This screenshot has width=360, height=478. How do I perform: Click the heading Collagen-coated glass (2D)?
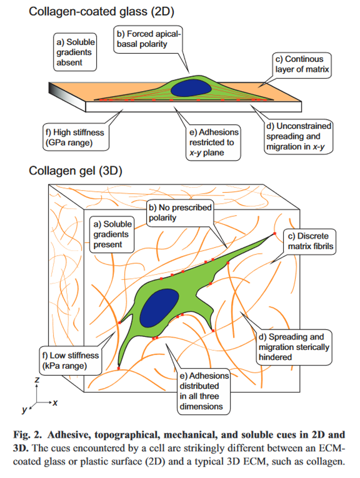[102, 11]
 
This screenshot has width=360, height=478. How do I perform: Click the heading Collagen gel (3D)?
[76, 171]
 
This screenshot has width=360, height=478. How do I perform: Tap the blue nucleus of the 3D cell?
[159, 308]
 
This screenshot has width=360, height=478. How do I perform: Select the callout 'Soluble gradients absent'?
[75, 52]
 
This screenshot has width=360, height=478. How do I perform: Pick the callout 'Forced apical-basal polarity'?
[148, 39]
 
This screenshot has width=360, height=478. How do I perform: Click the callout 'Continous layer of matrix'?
[302, 65]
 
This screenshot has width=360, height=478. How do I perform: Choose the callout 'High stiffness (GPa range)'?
[76, 137]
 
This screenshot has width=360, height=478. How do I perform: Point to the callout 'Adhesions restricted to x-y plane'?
[213, 142]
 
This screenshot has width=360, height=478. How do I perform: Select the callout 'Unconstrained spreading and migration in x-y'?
[298, 136]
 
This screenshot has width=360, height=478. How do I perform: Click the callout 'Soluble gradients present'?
[112, 234]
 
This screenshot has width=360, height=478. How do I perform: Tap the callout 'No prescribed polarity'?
[180, 213]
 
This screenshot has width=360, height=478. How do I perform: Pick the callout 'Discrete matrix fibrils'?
[310, 241]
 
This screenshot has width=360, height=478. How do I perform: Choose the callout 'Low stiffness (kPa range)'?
[71, 361]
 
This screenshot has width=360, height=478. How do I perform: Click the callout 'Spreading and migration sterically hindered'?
[294, 347]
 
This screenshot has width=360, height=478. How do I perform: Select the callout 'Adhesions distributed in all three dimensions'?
[203, 391]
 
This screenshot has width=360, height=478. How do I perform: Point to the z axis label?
[37, 379]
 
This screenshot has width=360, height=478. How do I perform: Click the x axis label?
[55, 403]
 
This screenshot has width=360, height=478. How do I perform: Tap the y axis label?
[24, 410]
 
